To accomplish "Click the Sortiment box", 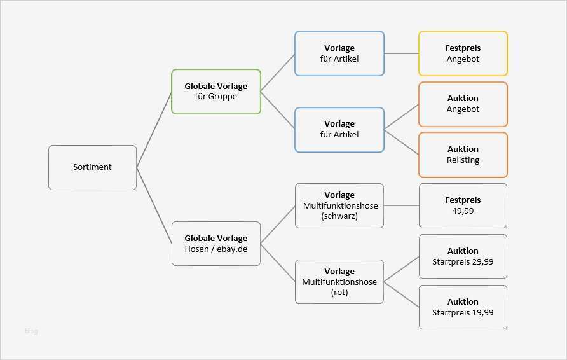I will [x=92, y=167].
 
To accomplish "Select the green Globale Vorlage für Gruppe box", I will [x=216, y=92].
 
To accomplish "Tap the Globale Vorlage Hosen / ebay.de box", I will [x=216, y=244].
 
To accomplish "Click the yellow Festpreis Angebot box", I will [x=463, y=53].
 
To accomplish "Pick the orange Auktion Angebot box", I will [x=463, y=104].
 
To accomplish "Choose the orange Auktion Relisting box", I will [x=463, y=155].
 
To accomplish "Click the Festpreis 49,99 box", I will [x=463, y=205].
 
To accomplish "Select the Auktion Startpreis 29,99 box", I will [x=463, y=256].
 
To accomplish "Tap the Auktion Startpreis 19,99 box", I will [x=463, y=307].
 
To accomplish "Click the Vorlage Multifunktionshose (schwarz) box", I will [x=339, y=205].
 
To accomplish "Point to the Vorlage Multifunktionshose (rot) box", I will [x=339, y=282].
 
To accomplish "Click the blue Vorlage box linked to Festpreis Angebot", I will [x=339, y=53].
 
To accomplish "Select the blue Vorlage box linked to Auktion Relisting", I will [x=339, y=130].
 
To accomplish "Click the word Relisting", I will [x=463, y=160].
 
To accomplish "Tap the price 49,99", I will [x=463, y=211].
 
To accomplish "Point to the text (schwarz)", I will [x=339, y=216].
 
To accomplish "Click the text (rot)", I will [x=339, y=293].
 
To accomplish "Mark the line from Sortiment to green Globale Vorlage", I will [x=154, y=130].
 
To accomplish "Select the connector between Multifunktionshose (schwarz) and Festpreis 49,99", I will [x=401, y=205].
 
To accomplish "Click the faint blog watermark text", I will [x=31, y=331].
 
